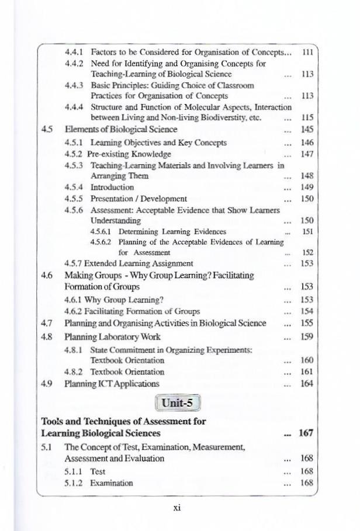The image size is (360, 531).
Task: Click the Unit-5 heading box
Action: coord(177,403)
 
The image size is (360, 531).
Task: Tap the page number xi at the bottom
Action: coord(177,508)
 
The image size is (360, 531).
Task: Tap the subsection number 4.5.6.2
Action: coord(102,242)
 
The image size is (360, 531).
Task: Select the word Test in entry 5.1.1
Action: coord(98,471)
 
